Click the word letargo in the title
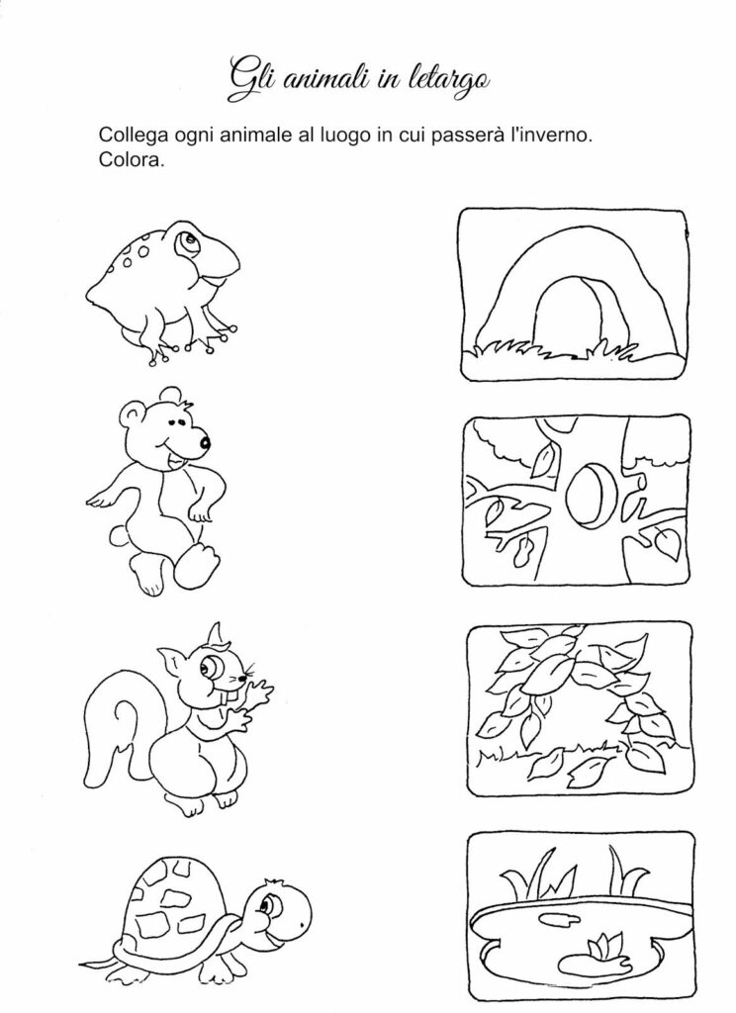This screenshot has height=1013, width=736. [449, 80]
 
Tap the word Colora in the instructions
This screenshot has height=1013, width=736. [131, 159]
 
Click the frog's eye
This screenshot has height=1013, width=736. [185, 241]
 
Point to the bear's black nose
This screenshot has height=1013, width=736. [205, 443]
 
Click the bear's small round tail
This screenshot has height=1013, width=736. [119, 536]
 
